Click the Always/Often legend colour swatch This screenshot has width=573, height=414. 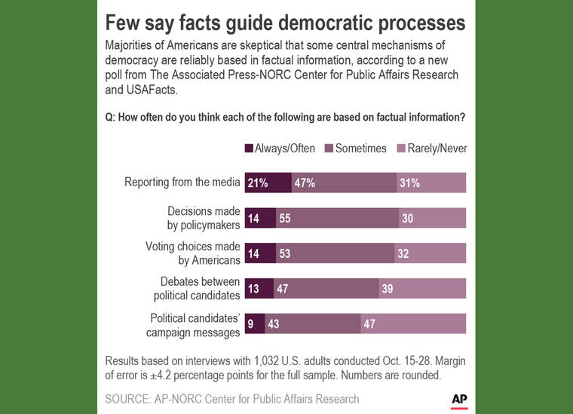tap(249, 149)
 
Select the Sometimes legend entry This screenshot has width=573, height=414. tap(354, 149)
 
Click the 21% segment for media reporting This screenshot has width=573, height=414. tap(268, 182)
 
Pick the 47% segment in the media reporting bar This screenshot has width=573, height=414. tap(344, 182)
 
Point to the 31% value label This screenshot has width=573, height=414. tap(410, 182)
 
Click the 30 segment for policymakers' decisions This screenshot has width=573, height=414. tap(433, 218)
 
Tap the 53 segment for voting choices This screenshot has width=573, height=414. tap(335, 253)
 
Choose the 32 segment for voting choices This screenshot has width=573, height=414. tap(431, 253)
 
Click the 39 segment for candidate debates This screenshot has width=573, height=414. tap(422, 288)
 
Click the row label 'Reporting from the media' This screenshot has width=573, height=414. tap(182, 182)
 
